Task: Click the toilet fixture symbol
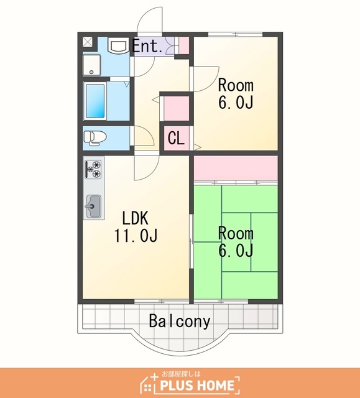pos(95,138)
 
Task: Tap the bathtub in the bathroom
pos(95,101)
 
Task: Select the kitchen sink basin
pos(94,206)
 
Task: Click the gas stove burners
pos(94,169)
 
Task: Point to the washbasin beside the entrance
pos(118,45)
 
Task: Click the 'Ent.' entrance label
pos(147,46)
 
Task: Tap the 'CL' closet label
pos(176,138)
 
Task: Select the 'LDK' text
pos(135,218)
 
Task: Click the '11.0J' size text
pos(136,235)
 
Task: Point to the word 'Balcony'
pos(180,321)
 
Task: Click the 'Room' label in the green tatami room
pos(236,234)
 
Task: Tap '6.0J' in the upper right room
pos(236,102)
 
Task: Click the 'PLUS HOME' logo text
pos(197,385)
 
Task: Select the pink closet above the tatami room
pos(236,168)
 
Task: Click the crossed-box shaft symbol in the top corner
pos(88,42)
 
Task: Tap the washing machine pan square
pos(92,65)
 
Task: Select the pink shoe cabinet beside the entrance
pos(184,45)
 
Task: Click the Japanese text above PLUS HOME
pos(181,374)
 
